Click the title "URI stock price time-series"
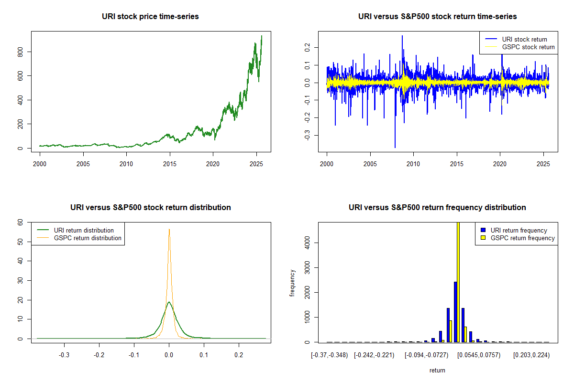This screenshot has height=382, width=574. [x=151, y=17]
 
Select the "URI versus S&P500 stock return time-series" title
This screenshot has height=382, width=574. [x=438, y=17]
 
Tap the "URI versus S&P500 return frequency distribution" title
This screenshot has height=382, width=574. [x=438, y=208]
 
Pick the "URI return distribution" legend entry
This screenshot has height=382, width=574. [x=84, y=230]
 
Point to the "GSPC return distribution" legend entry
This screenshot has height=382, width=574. [x=88, y=238]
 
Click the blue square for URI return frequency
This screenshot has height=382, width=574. [x=483, y=230]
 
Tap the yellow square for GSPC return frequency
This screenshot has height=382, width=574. [x=483, y=238]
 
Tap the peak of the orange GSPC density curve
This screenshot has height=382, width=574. [x=169, y=229]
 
